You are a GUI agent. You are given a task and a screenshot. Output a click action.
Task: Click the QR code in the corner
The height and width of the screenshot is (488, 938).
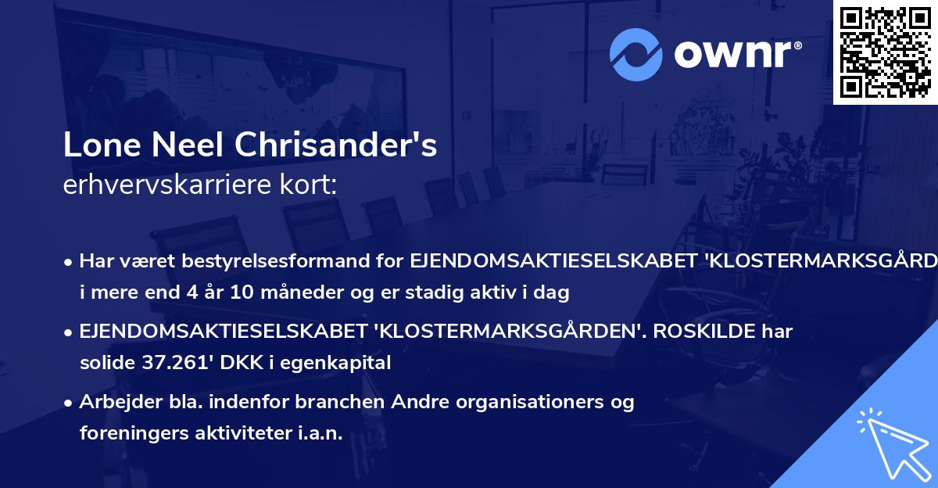884,52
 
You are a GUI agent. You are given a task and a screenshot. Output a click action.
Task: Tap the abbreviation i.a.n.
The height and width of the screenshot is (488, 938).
318,433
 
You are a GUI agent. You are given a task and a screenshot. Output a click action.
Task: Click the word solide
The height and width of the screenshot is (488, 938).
106,363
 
